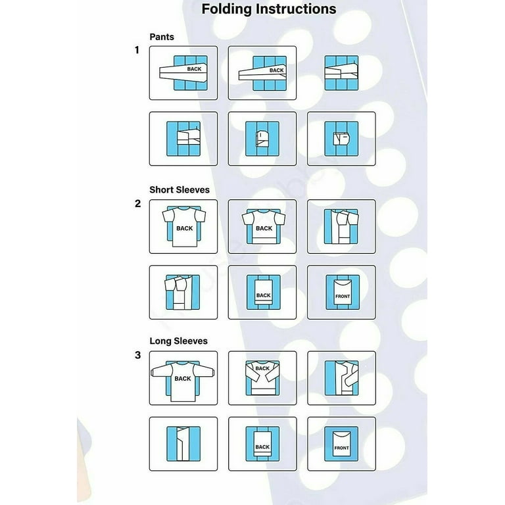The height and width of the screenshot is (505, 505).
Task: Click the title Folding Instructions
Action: (268, 9)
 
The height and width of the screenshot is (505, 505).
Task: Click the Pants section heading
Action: (162, 37)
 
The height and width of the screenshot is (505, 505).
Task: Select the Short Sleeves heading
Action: (179, 189)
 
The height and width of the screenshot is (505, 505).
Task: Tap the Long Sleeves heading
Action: (178, 341)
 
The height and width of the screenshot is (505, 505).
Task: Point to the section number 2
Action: (137, 203)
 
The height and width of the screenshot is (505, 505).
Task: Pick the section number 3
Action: (137, 355)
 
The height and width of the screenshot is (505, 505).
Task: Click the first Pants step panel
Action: (183, 73)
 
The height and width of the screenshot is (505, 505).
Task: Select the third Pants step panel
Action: (341, 73)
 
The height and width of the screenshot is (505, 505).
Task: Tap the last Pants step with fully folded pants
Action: (341, 139)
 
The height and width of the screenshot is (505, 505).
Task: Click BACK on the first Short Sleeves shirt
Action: (184, 229)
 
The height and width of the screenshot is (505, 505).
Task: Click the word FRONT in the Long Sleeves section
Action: (341, 448)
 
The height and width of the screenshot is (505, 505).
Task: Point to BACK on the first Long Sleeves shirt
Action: (183, 379)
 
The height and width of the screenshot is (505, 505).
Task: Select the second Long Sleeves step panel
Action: (262, 378)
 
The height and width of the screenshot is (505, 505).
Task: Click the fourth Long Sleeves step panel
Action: (183, 444)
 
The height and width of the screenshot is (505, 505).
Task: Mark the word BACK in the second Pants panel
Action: (277, 70)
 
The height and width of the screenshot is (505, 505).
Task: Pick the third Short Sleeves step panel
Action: (341, 227)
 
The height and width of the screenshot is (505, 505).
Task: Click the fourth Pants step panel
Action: (183, 139)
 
